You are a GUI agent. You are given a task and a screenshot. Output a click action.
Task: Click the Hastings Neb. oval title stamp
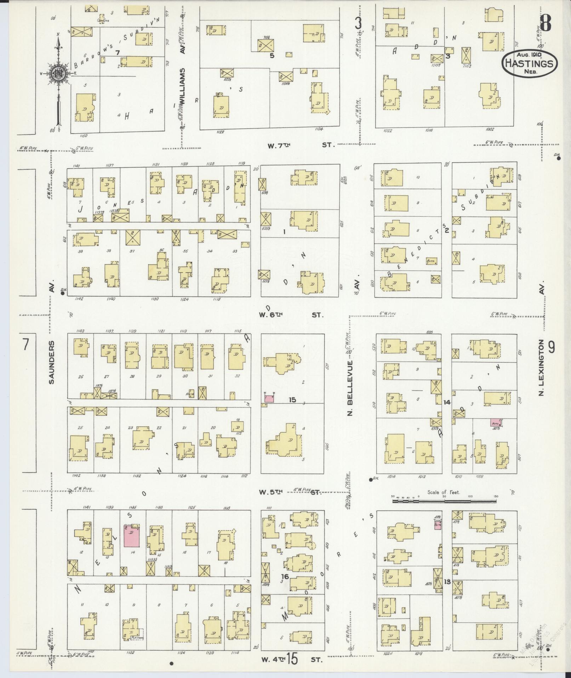[529, 62]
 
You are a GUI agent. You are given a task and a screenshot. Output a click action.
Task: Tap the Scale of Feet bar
[444, 501]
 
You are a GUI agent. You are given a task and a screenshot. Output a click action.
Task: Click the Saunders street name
[52, 362]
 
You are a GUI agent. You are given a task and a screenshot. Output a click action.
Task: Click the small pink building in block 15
[269, 398]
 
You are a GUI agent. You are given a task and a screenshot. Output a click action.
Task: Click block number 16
[285, 577]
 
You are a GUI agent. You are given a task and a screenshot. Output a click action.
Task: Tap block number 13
[447, 582]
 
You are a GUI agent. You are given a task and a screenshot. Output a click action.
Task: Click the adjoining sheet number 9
[552, 347]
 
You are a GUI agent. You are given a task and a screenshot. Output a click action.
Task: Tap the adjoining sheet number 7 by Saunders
[25, 345]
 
